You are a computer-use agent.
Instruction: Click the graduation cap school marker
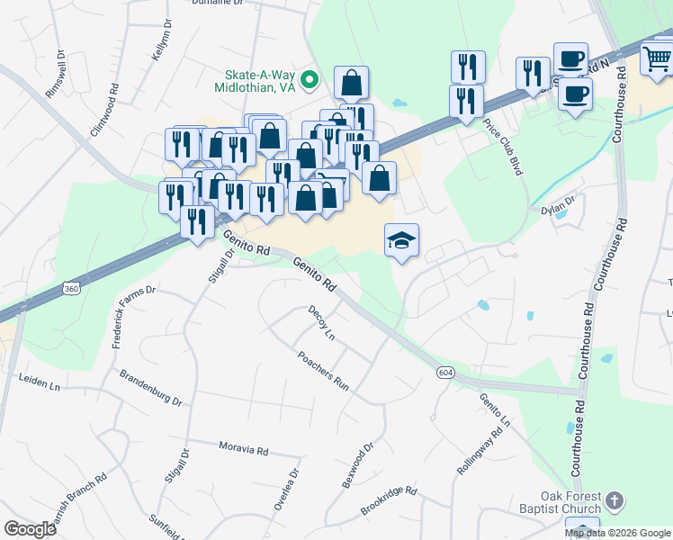click(402, 240)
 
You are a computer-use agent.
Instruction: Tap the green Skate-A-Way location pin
click(310, 80)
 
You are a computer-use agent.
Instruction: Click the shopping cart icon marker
click(658, 58)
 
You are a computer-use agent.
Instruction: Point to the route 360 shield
click(70, 288)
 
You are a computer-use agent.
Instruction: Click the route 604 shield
click(447, 372)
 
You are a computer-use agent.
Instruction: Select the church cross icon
click(614, 499)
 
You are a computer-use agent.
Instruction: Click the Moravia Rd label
click(244, 447)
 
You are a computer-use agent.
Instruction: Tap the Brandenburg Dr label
click(150, 388)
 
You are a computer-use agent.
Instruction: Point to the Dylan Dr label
click(557, 206)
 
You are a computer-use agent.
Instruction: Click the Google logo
click(31, 528)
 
